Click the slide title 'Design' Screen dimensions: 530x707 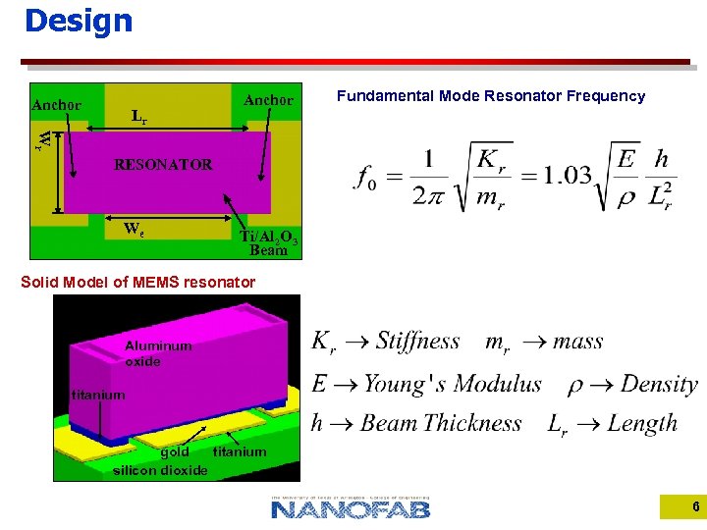(x=78, y=21)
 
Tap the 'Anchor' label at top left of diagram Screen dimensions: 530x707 (x=57, y=105)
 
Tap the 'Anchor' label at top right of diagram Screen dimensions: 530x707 (x=268, y=100)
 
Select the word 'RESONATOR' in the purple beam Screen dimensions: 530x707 (x=163, y=165)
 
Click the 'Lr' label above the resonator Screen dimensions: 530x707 (x=139, y=116)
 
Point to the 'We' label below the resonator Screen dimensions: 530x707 (x=135, y=230)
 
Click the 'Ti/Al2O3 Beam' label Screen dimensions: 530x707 (x=268, y=242)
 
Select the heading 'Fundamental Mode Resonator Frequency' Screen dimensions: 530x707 (x=491, y=96)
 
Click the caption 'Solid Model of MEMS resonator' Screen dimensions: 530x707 (x=138, y=283)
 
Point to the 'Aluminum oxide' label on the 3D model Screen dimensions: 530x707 (x=158, y=353)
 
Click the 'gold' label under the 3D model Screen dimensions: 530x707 (x=175, y=452)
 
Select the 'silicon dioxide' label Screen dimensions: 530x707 (x=160, y=470)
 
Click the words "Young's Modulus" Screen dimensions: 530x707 (x=453, y=384)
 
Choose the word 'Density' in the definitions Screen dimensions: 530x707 (x=659, y=384)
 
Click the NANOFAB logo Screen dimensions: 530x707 (x=351, y=507)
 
